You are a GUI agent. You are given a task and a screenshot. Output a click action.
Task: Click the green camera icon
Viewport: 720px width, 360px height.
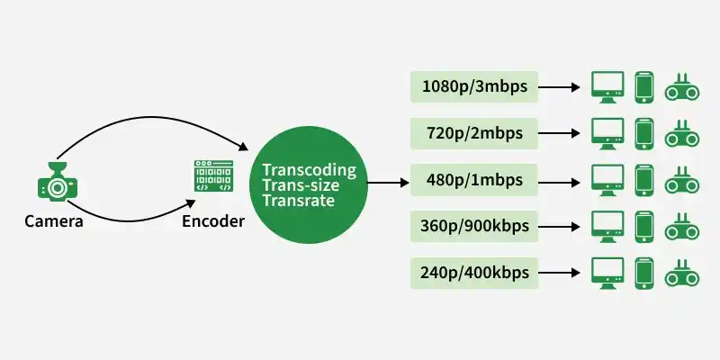[x=58, y=182]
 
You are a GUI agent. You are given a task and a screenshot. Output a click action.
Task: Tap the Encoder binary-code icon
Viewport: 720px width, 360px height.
[x=213, y=175]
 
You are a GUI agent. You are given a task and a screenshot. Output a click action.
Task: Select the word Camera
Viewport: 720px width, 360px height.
[x=54, y=221]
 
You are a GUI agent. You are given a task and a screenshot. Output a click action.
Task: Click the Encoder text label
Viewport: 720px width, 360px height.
[x=213, y=221]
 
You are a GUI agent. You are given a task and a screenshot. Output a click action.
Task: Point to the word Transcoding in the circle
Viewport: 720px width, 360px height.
[x=309, y=170]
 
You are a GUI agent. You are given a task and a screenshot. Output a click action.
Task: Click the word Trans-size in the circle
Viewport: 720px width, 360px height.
[x=301, y=185]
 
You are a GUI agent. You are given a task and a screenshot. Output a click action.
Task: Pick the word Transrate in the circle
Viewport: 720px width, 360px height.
[x=299, y=201]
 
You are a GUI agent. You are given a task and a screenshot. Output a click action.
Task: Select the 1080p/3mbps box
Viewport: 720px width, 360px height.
[x=474, y=86]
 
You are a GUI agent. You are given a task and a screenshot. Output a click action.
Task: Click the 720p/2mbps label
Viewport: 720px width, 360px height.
[x=474, y=133]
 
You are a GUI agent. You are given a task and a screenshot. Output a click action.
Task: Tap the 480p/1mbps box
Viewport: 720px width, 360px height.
[x=474, y=180]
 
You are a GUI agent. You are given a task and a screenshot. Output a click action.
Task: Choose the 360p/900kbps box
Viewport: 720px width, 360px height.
[x=474, y=227]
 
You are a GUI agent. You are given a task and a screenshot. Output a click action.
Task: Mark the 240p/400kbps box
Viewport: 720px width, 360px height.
[x=474, y=273]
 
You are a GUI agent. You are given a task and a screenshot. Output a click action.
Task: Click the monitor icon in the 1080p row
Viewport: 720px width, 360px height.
[x=607, y=86]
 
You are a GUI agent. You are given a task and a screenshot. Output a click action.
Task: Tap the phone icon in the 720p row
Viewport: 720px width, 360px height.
[x=643, y=133]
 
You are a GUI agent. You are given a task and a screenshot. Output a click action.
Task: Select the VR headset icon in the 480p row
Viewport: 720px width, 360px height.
[x=682, y=181]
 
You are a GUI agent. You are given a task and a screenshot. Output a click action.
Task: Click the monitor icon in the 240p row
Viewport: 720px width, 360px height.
[x=607, y=274]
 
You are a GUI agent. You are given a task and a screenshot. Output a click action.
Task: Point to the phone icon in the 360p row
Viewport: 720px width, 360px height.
[x=643, y=227]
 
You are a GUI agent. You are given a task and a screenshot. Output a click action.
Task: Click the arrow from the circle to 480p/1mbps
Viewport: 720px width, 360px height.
[x=388, y=183]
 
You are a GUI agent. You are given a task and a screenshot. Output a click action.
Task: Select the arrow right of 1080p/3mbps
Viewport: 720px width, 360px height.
[x=559, y=86]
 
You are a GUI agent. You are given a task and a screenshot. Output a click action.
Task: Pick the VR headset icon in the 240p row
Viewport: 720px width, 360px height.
[x=682, y=274]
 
